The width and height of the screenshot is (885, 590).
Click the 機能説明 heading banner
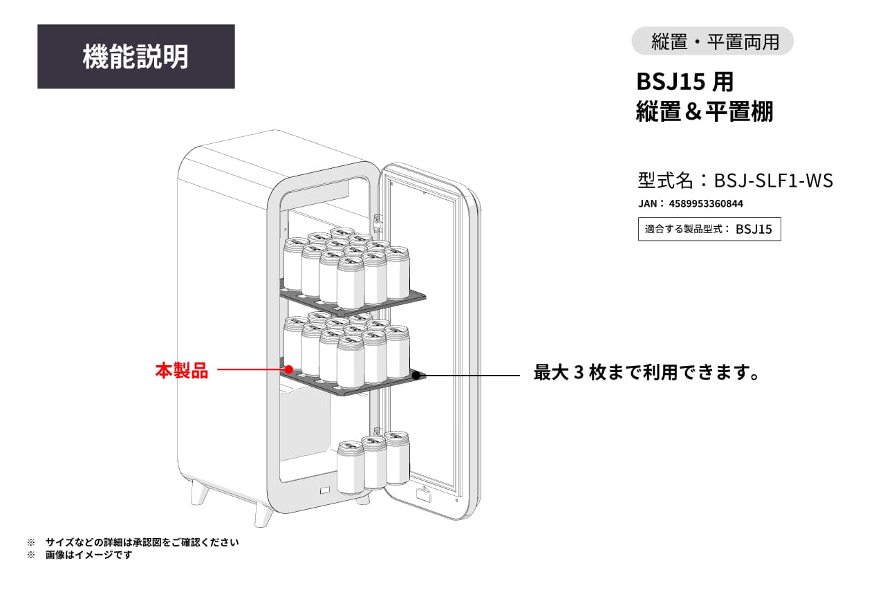tap(136, 57)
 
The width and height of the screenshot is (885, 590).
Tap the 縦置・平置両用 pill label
tap(712, 42)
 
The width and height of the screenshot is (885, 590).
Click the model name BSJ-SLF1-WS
tap(773, 181)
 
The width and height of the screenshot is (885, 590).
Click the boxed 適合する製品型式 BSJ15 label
tap(709, 229)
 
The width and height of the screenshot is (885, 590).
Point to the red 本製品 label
tap(181, 371)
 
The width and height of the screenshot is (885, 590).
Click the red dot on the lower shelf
tap(289, 370)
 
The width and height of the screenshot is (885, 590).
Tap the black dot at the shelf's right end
tap(417, 376)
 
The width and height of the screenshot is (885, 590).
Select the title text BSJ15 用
tap(684, 82)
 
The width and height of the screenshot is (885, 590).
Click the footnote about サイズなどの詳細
tap(142, 542)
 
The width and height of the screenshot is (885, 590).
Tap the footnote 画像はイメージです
tap(88, 555)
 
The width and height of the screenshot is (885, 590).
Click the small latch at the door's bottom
tap(423, 495)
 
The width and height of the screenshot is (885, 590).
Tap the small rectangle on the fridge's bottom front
tap(324, 492)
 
